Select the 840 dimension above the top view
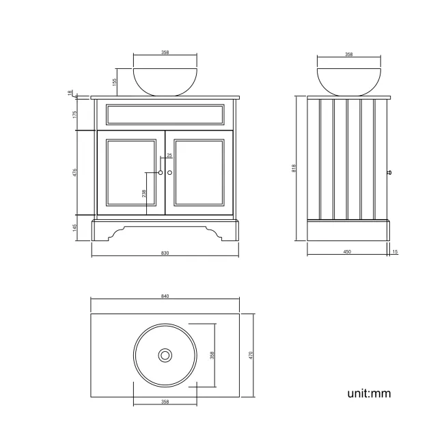click(x=165, y=296)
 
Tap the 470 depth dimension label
click(x=251, y=355)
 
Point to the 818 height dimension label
click(x=294, y=168)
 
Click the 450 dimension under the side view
click(x=346, y=252)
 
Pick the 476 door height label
click(x=75, y=173)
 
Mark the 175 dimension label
click(x=75, y=114)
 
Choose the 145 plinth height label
click(x=75, y=228)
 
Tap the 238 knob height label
click(x=143, y=193)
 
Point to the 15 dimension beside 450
click(x=396, y=252)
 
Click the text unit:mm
click(x=369, y=393)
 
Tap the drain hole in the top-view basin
click(x=165, y=355)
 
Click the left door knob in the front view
click(x=161, y=173)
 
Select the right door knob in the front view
click(x=169, y=173)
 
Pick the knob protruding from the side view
click(x=389, y=173)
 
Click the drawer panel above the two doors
click(x=165, y=115)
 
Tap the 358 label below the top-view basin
click(x=165, y=402)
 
